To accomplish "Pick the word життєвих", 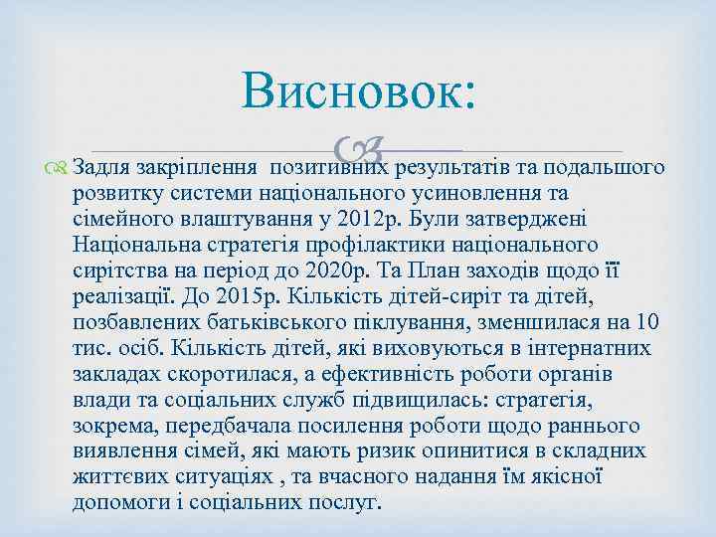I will coord(116,477).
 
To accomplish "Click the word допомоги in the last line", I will coord(119,503).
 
